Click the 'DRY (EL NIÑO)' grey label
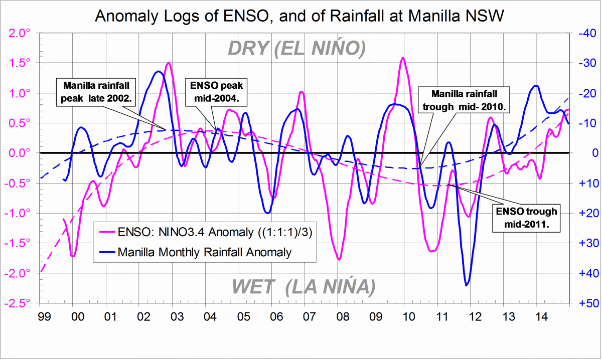(x=295, y=48)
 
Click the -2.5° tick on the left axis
(x=19, y=303)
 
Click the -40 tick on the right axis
(x=583, y=33)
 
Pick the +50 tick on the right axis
(x=583, y=303)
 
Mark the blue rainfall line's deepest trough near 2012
(x=467, y=285)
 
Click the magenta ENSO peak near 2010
(x=402, y=58)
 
